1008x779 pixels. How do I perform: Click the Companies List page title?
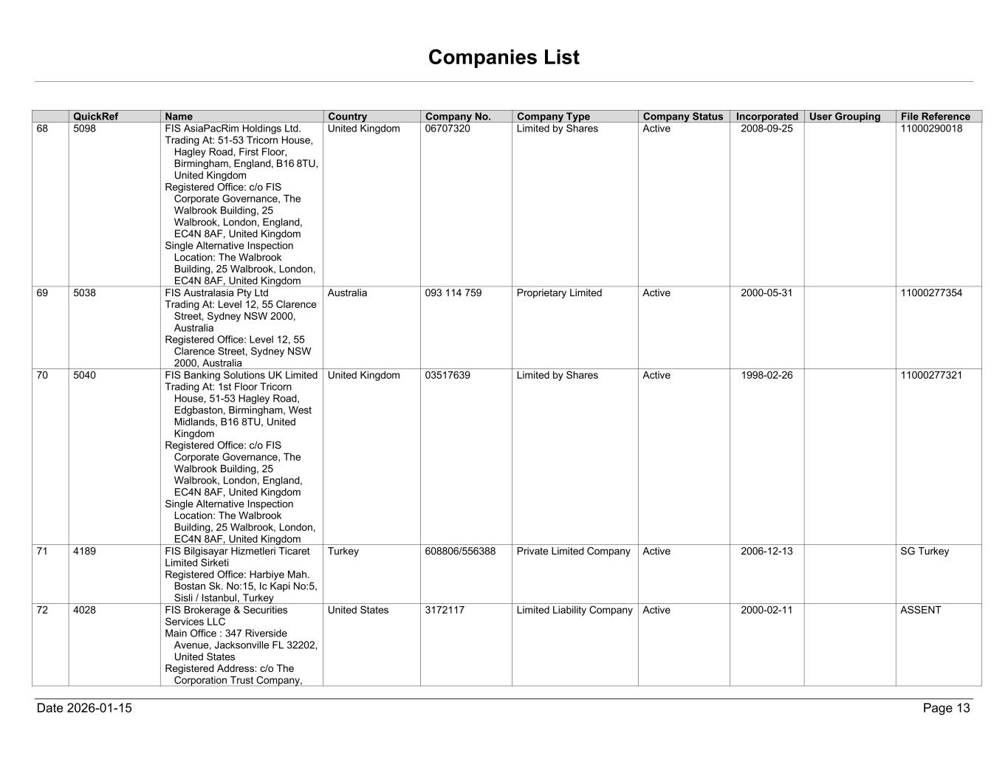pyautogui.click(x=504, y=58)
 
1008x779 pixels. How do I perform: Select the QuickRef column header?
pyautogui.click(x=96, y=117)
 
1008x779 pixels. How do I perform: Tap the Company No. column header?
pyautogui.click(x=458, y=117)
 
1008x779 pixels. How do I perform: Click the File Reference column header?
pyautogui.click(x=935, y=117)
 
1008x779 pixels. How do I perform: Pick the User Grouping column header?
pyautogui.click(x=845, y=117)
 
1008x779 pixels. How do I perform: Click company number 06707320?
pyautogui.click(x=448, y=128)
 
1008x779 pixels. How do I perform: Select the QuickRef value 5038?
pyautogui.click(x=85, y=293)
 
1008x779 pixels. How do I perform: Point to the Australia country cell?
pyautogui.click(x=347, y=293)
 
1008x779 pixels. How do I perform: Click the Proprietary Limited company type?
pyautogui.click(x=559, y=293)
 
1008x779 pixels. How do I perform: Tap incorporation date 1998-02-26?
pyautogui.click(x=767, y=375)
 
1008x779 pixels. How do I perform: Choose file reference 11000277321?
pyautogui.click(x=931, y=375)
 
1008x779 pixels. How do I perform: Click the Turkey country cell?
pyautogui.click(x=343, y=552)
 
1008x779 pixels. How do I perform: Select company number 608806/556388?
pyautogui.click(x=460, y=552)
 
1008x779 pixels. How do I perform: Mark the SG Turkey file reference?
pyautogui.click(x=925, y=552)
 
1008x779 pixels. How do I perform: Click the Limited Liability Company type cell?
pyautogui.click(x=575, y=611)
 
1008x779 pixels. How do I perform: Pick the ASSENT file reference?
pyautogui.click(x=921, y=611)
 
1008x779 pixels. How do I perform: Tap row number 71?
pyautogui.click(x=43, y=552)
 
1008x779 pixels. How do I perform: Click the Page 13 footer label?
pyautogui.click(x=946, y=708)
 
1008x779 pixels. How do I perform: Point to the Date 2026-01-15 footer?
pyautogui.click(x=84, y=708)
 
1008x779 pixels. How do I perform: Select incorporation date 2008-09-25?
pyautogui.click(x=767, y=128)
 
